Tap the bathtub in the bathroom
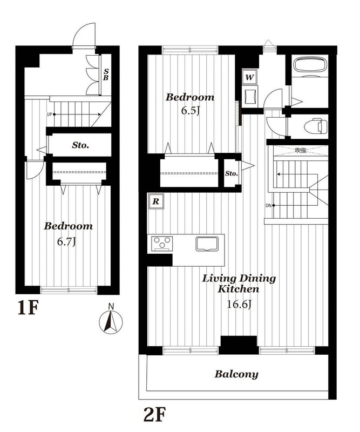pos(310,65)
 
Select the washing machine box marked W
pos(250,77)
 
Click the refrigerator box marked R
pos(156,201)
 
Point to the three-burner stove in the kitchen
pos(161,244)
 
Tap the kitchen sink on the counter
pos(207,244)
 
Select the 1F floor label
pos(28,308)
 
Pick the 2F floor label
pos(154,414)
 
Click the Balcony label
pos(236,374)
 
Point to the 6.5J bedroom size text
pos(190,111)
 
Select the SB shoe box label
pos(106,75)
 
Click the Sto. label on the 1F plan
pos(80,145)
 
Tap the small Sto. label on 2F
pos(232,173)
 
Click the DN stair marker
pos(269,206)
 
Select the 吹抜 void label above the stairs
pos(301,150)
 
